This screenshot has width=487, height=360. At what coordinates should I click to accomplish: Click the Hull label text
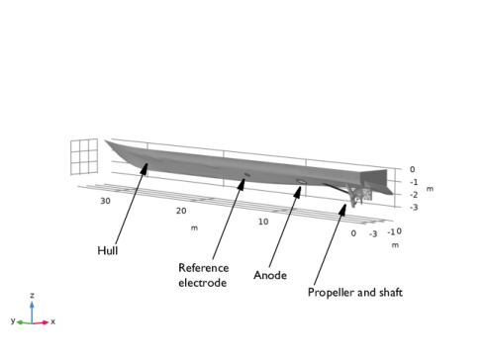(x=108, y=250)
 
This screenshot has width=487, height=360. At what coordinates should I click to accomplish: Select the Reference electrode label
(x=203, y=275)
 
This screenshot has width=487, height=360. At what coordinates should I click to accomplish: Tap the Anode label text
(x=270, y=275)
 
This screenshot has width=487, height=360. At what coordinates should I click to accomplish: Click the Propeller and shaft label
(x=355, y=293)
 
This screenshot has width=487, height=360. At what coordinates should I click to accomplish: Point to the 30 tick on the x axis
(x=105, y=201)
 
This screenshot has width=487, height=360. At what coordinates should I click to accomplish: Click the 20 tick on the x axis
(x=181, y=211)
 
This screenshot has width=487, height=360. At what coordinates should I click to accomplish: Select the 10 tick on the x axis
(x=263, y=222)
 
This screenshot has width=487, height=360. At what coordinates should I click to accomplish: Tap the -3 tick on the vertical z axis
(x=414, y=208)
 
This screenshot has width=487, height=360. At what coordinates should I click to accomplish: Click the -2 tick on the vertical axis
(x=414, y=195)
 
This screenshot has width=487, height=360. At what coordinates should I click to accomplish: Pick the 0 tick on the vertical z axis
(x=413, y=169)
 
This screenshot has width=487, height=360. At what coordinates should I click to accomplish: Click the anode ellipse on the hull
(x=302, y=181)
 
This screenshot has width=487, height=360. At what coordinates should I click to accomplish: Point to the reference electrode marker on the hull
(x=247, y=175)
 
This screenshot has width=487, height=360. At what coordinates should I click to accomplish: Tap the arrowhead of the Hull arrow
(x=145, y=168)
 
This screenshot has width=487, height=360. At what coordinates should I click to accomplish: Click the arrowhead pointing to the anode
(x=298, y=192)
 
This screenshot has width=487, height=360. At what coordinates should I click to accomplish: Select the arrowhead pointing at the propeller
(x=342, y=210)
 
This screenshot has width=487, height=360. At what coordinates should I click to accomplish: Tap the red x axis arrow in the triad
(x=41, y=322)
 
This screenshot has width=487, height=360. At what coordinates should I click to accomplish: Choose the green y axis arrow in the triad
(x=24, y=322)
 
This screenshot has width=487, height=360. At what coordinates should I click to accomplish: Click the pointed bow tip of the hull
(x=106, y=141)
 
